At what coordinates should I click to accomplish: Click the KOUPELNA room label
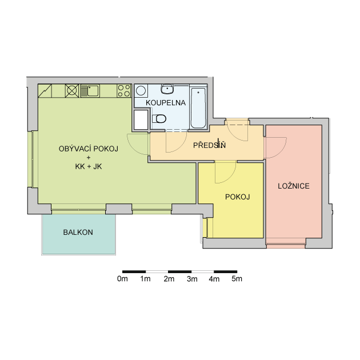click(166, 103)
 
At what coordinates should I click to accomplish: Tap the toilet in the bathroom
click(159, 119)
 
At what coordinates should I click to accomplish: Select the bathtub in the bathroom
click(198, 108)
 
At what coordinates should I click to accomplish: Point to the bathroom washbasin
click(167, 89)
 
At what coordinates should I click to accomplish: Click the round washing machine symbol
click(141, 91)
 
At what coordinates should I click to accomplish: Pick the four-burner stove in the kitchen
click(124, 91)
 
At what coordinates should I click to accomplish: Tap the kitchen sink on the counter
click(90, 91)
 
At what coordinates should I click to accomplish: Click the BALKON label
click(78, 233)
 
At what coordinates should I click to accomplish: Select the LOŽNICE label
click(294, 186)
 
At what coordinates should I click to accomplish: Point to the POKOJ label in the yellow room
click(237, 197)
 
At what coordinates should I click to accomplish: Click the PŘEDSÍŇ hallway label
click(209, 145)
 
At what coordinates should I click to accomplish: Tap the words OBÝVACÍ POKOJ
click(89, 149)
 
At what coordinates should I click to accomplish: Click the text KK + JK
click(89, 166)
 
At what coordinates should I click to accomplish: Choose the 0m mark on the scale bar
click(122, 279)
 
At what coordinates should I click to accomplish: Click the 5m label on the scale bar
click(237, 279)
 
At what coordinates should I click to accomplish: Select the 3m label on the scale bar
click(192, 279)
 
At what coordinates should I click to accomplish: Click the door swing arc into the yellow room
click(230, 177)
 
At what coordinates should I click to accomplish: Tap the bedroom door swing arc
click(281, 153)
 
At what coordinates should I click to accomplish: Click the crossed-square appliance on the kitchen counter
click(72, 91)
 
